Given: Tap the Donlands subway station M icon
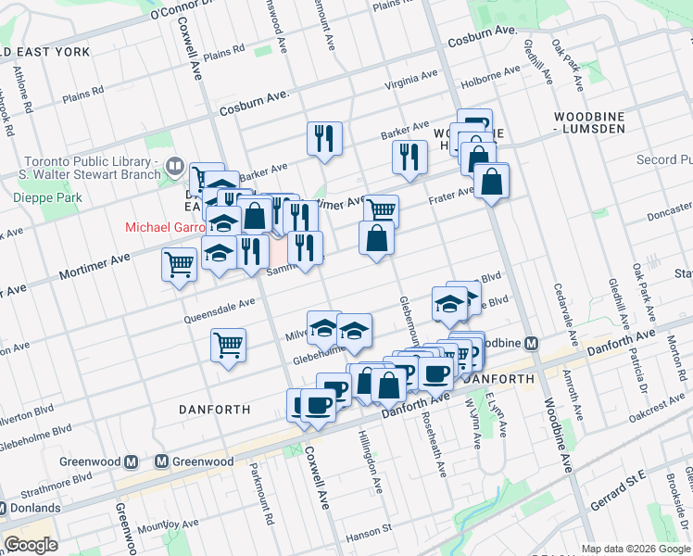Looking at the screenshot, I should (3, 508).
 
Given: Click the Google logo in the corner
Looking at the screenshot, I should (31, 545).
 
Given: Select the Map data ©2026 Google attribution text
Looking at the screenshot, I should (636, 549).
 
